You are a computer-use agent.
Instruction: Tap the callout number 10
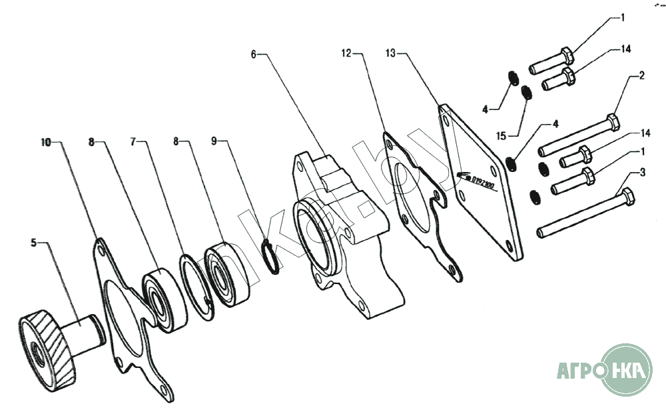(45, 142)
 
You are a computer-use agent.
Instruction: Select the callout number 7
(134, 142)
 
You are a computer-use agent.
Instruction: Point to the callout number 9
(214, 142)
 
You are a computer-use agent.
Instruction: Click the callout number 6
(254, 54)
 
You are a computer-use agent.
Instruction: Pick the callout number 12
(346, 51)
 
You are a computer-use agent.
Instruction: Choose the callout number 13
(391, 51)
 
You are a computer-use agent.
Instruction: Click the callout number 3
(642, 173)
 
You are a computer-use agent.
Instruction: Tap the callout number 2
(641, 75)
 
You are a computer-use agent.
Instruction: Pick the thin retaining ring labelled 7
(198, 280)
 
